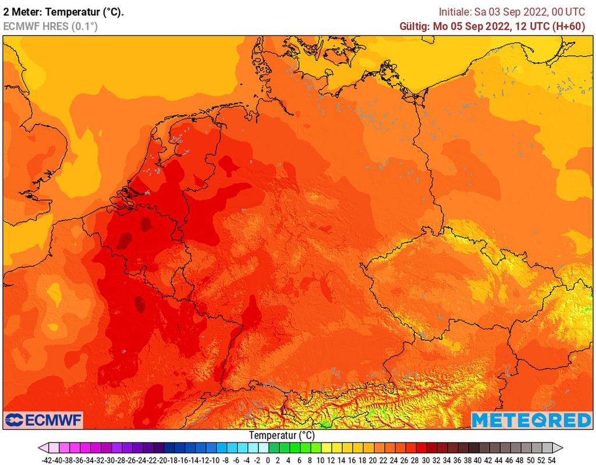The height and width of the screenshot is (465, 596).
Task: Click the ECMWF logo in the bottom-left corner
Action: (44, 420)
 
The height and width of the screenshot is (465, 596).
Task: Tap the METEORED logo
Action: (531, 420)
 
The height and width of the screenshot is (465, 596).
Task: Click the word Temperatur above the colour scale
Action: (273, 435)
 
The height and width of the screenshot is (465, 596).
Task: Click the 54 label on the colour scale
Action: (551, 459)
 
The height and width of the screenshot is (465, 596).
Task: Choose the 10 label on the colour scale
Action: (321, 459)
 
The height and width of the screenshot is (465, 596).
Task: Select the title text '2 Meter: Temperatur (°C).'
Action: (63, 12)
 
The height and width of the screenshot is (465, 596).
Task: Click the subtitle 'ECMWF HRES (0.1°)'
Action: (51, 26)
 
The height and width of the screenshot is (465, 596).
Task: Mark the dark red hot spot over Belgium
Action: (124, 240)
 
